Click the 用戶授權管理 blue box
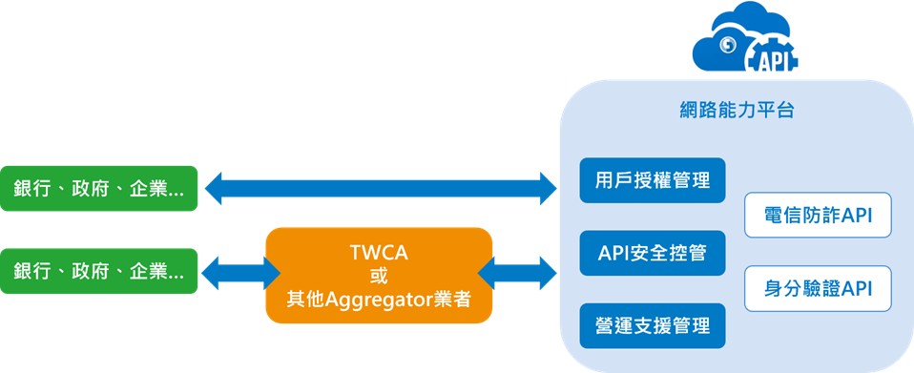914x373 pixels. click(653, 180)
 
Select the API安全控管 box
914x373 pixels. click(653, 253)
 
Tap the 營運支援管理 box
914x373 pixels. click(653, 326)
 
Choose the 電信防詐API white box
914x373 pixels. click(818, 215)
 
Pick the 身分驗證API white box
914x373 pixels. click(818, 288)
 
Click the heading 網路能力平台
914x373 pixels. click(737, 110)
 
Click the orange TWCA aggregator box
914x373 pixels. click(379, 275)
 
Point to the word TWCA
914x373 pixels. click(379, 253)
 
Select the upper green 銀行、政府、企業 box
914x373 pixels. click(98, 188)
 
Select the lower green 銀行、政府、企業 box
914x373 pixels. click(98, 271)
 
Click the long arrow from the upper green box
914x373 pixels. click(382, 188)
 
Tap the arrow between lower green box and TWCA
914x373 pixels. click(240, 273)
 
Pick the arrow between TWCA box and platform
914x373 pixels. click(517, 273)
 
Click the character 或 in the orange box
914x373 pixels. click(379, 276)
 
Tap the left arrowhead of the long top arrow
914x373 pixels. click(214, 188)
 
